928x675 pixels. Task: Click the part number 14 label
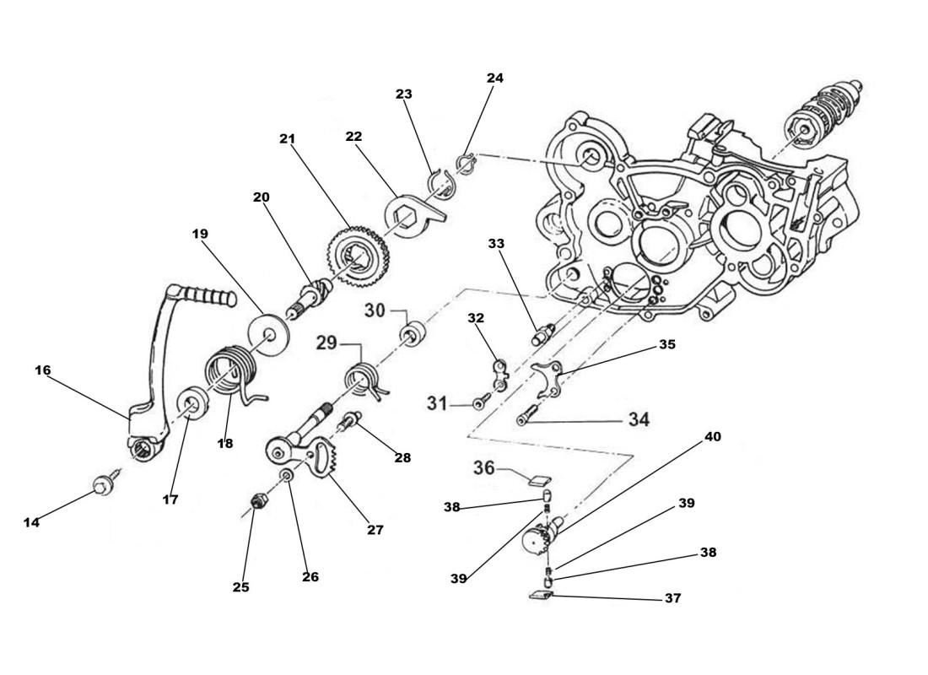click(x=31, y=522)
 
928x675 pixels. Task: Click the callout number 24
click(x=495, y=78)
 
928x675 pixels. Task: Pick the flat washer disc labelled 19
click(x=269, y=329)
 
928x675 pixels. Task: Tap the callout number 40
click(x=713, y=437)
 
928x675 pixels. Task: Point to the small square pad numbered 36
click(x=537, y=482)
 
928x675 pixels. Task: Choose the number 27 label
click(x=375, y=530)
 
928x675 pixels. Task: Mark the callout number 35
click(x=667, y=344)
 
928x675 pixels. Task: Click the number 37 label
click(x=672, y=598)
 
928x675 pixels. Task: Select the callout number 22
click(x=353, y=137)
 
